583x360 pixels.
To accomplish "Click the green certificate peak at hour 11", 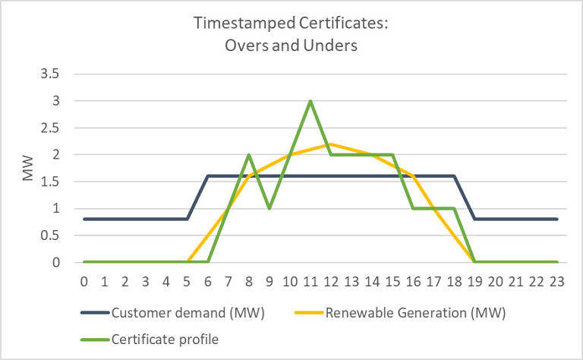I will click(x=310, y=101).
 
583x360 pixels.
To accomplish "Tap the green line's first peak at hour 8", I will click(x=248, y=155).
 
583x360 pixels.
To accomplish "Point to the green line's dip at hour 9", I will click(x=269, y=209).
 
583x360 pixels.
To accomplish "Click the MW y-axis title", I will click(x=28, y=169).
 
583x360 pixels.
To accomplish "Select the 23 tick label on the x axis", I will click(x=556, y=281).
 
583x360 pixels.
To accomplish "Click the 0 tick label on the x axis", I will click(x=84, y=281).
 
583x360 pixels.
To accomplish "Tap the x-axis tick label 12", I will click(x=330, y=281).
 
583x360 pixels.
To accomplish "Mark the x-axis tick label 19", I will click(x=474, y=281).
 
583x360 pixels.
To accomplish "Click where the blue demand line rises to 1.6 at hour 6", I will click(x=207, y=176).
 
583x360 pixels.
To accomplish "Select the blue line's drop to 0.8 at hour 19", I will click(x=474, y=219).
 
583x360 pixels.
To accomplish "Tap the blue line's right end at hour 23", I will click(x=556, y=219).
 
